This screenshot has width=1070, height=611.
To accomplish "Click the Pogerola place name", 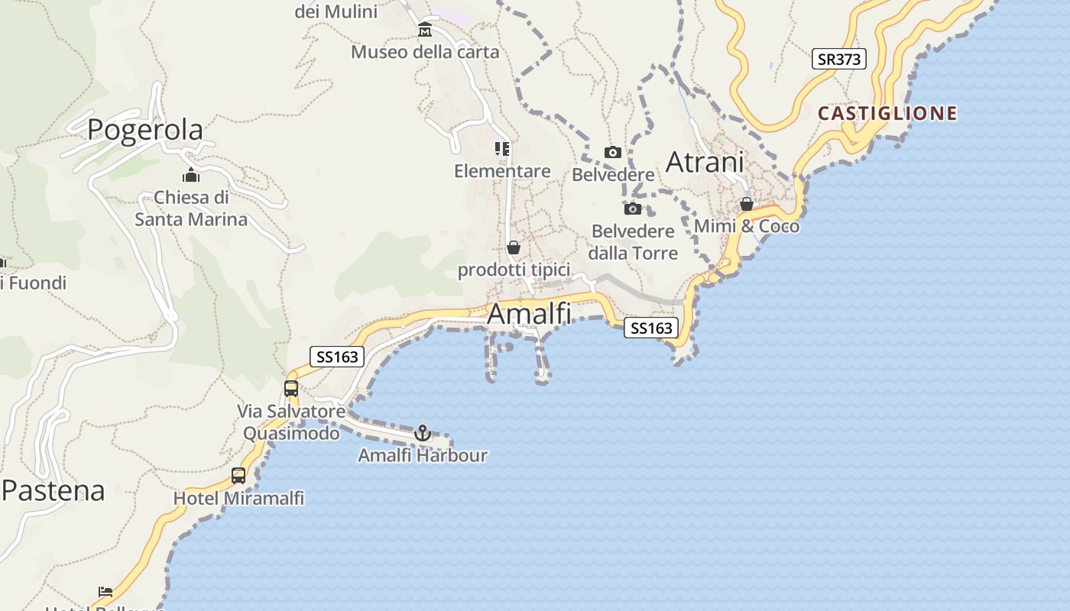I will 145,129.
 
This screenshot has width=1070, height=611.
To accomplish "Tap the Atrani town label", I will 705,162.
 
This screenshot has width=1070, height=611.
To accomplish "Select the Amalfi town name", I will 529,313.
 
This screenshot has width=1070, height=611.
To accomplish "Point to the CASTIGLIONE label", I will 887,114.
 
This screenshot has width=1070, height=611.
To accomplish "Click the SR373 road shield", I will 839,59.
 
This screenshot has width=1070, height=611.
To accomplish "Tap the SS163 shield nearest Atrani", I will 651,328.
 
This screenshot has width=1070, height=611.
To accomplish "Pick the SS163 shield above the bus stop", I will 337,357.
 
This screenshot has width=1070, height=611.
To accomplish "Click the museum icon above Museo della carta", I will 425,30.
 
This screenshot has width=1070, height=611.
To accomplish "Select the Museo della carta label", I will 425,52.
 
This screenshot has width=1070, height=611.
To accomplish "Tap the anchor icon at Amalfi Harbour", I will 422,433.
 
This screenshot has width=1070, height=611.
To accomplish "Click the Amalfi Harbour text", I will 423,455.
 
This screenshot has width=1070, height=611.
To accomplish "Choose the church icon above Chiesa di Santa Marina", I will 191,176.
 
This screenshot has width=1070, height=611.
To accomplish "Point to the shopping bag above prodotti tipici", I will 514,247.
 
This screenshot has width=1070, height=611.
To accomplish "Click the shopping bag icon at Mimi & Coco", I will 747,204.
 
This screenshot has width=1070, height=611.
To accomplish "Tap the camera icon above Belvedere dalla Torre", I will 633,209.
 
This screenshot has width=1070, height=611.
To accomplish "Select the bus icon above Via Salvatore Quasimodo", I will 291,389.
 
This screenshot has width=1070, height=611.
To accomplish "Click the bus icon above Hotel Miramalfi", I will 238,476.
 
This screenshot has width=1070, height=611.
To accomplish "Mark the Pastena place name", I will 53,490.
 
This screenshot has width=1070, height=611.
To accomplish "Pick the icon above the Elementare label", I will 502,148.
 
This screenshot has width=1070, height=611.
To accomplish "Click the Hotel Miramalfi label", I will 238,499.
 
